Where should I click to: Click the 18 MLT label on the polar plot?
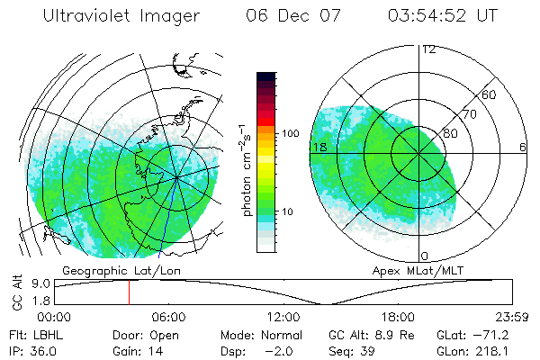click(319, 147)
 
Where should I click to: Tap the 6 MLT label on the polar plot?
click(523, 147)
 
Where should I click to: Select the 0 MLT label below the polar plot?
click(424, 256)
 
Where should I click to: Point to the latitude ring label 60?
click(490, 94)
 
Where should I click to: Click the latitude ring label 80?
click(450, 133)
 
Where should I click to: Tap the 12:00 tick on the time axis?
click(283, 317)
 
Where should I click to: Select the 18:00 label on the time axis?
click(398, 317)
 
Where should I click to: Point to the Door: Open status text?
click(146, 334)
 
